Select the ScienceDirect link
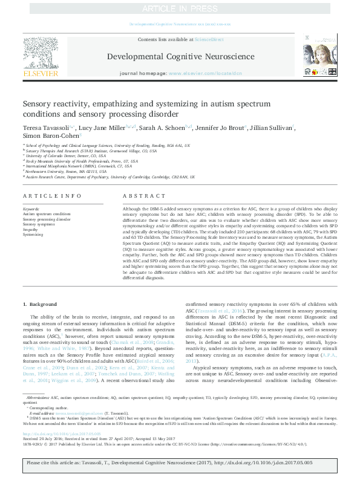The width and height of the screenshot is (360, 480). [209, 39]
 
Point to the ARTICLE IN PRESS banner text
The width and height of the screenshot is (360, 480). [180, 9]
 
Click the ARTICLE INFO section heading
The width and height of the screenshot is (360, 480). [47, 197]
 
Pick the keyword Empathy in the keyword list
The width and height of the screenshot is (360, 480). [31, 229]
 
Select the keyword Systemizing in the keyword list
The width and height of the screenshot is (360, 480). [34, 234]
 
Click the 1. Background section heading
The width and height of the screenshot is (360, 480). [41, 304]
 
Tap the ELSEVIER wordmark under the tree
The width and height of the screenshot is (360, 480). [41, 73]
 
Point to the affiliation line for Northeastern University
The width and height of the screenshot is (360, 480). [72, 171]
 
